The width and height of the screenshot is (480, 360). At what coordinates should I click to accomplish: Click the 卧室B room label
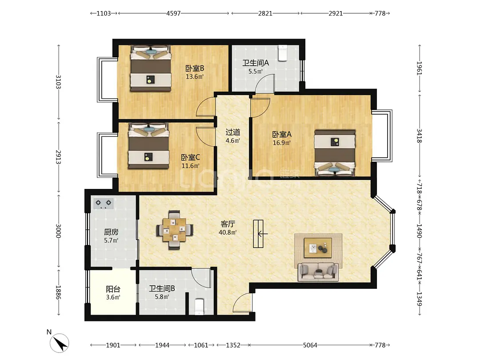(195, 68)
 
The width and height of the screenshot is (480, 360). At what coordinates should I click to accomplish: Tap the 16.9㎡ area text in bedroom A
(282, 143)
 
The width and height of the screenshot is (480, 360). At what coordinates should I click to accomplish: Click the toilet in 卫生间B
(199, 306)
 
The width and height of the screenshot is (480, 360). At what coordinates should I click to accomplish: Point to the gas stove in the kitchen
(104, 204)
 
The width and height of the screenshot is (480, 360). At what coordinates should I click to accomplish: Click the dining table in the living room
(175, 230)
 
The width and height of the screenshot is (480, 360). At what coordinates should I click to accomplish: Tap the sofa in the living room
(318, 272)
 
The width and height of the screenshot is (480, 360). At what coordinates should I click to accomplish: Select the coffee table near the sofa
(318, 248)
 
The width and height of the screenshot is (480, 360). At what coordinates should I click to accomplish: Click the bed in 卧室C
(148, 146)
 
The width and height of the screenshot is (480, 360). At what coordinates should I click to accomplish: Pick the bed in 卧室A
(335, 153)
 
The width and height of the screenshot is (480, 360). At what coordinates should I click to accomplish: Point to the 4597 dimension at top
(174, 13)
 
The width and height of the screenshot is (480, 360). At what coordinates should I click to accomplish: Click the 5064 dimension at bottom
(310, 345)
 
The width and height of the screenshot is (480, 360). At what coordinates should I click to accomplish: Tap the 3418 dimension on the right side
(419, 136)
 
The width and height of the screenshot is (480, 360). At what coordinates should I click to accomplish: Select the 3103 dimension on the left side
(58, 82)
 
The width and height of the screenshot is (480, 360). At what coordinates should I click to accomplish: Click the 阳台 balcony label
(113, 289)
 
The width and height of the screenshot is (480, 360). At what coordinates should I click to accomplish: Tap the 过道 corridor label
(232, 132)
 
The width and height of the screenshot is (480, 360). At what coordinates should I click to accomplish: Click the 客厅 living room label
(228, 224)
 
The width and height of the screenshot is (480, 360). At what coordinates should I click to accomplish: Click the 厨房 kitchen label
(111, 232)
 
